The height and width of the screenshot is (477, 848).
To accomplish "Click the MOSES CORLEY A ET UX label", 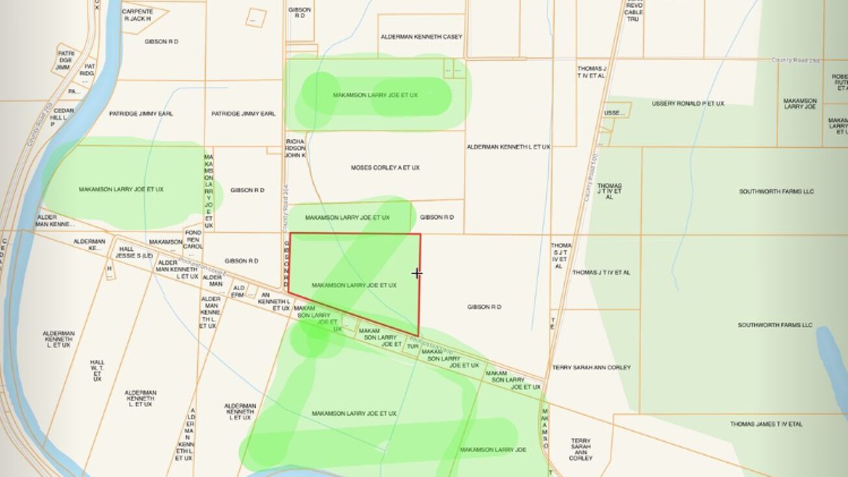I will pyautogui.click(x=385, y=168).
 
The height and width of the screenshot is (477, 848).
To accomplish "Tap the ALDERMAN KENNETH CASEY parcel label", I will pyautogui.click(x=421, y=37).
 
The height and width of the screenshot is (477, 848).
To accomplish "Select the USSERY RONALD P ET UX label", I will pyautogui.click(x=688, y=103).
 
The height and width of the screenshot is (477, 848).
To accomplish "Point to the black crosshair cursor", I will pyautogui.click(x=417, y=274).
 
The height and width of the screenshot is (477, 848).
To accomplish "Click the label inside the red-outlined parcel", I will pyautogui.click(x=354, y=285).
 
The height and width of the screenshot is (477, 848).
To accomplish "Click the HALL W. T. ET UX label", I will pyautogui.click(x=97, y=370).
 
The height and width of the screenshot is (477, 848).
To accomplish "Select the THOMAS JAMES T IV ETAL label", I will pyautogui.click(x=766, y=424).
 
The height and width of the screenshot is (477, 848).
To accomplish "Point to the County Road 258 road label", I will pyautogui.click(x=795, y=60).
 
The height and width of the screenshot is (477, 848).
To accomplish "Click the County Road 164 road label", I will pyautogui.click(x=284, y=214).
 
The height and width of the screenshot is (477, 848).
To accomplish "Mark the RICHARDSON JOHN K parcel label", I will pyautogui.click(x=295, y=148).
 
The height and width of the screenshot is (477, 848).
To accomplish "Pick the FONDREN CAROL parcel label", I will pyautogui.click(x=193, y=239).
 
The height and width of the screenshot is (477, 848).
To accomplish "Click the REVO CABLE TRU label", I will pyautogui.click(x=633, y=12).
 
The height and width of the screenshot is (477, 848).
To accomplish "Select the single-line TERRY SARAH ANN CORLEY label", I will pyautogui.click(x=591, y=368).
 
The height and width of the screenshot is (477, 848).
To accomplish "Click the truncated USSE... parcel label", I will pyautogui.click(x=614, y=113).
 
